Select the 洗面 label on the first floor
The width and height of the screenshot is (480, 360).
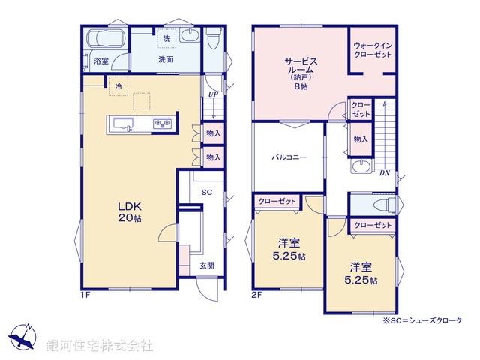[x=166, y=58]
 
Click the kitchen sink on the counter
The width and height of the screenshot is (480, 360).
[x=124, y=124]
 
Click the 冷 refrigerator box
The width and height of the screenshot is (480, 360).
[x=118, y=87]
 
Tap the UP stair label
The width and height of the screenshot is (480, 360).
[x=213, y=94]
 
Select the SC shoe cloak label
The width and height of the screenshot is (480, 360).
[x=207, y=193]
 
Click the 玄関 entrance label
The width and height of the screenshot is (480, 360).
[x=207, y=265]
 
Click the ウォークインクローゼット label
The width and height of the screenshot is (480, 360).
[x=372, y=49]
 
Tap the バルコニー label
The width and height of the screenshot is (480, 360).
[x=289, y=158]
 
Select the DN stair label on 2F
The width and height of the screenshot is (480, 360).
[x=383, y=173]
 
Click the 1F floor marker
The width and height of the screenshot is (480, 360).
[x=86, y=293]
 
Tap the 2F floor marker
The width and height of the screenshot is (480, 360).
[x=256, y=293]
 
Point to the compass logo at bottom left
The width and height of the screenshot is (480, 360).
[x=22, y=338]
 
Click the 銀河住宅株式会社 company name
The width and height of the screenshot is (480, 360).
[x=100, y=346]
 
